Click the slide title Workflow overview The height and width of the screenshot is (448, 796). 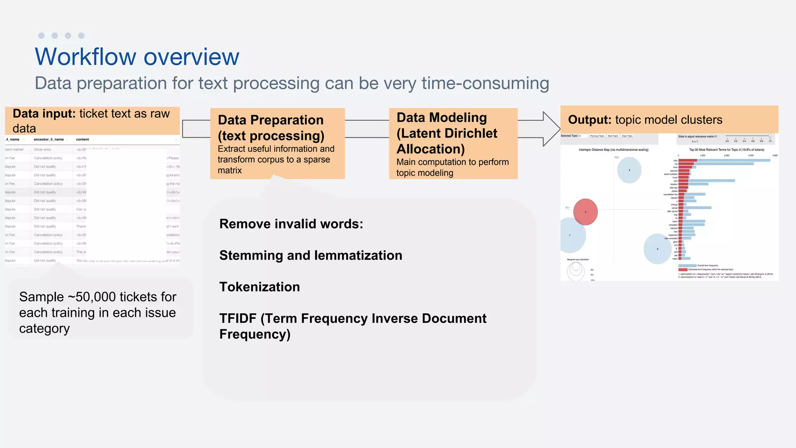137,57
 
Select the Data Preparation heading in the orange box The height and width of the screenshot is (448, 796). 271,120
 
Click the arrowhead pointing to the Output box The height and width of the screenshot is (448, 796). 551,129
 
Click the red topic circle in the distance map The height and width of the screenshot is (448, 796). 585,212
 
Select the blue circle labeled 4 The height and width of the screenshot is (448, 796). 629,170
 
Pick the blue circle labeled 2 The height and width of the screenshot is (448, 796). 657,249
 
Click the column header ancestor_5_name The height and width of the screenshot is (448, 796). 49,139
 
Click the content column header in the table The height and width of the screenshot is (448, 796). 82,139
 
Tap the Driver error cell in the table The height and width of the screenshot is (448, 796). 42,149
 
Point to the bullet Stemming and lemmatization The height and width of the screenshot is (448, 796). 311,255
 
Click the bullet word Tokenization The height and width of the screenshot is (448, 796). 259,287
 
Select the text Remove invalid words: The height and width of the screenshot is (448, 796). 291,224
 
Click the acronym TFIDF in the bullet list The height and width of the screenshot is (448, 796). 237,318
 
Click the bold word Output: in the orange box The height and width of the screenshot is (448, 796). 590,120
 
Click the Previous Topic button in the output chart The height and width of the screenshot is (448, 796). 597,136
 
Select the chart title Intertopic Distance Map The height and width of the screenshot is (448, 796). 613,150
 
